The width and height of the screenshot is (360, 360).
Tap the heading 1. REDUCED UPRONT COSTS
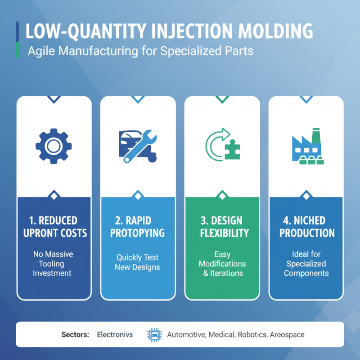tap(54, 227)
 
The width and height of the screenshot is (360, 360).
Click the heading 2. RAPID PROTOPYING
tap(138, 227)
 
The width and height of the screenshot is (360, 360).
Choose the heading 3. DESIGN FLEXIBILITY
tap(222, 227)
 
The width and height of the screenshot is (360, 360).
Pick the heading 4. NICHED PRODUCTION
tap(306, 227)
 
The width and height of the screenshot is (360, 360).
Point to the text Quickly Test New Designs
tap(138, 262)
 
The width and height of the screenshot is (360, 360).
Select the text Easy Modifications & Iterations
tap(222, 264)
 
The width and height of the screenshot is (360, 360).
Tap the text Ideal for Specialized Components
tap(306, 264)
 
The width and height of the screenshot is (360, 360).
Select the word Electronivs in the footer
tap(115, 335)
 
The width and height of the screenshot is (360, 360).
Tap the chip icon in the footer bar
tap(153, 335)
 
